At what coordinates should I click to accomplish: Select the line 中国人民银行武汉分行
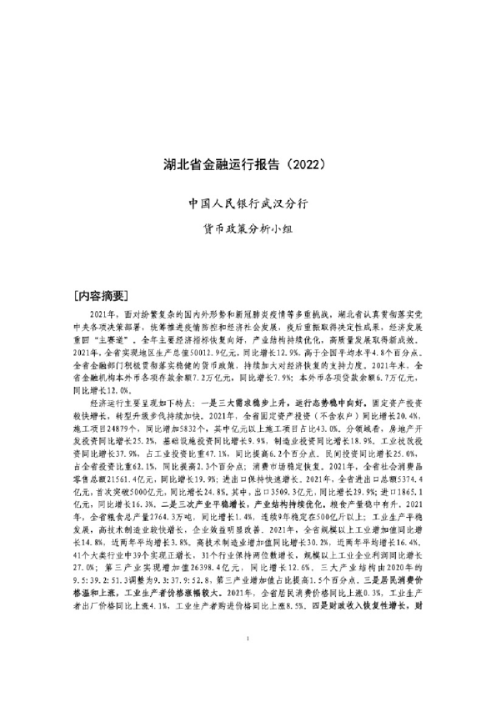(248, 203)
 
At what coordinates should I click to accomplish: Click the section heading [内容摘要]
(101, 295)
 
